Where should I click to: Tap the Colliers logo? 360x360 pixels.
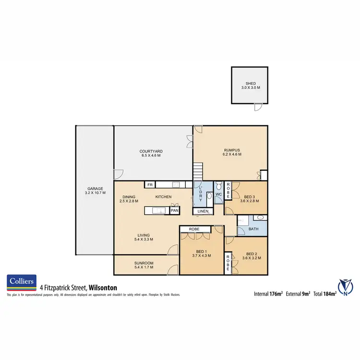pyautogui.click(x=21, y=283)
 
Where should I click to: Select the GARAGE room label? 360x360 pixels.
pyautogui.click(x=94, y=191)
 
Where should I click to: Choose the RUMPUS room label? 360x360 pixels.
pyautogui.click(x=232, y=152)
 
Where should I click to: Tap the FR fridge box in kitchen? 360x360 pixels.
pyautogui.click(x=150, y=184)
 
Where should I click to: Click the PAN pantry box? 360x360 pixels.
pyautogui.click(x=175, y=210)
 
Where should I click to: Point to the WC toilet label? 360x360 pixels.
pyautogui.click(x=219, y=194)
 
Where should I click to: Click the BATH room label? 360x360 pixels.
pyautogui.click(x=253, y=229)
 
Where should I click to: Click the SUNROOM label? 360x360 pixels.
pyautogui.click(x=144, y=262)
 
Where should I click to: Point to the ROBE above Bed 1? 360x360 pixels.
pyautogui.click(x=194, y=229)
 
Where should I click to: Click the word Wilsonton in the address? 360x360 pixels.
pyautogui.click(x=103, y=288)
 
